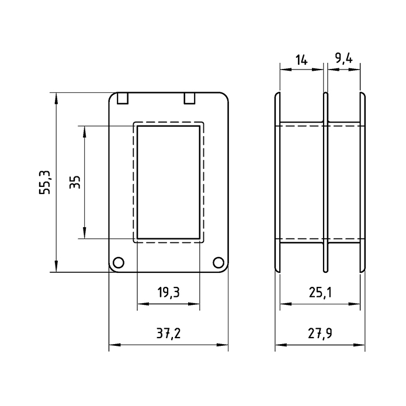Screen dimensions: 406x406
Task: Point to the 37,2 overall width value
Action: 168,334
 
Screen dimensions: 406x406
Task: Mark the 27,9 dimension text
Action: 320,334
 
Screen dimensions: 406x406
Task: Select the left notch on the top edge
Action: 123,98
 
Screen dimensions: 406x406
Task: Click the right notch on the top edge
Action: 189,98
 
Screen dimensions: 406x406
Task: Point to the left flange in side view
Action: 278,182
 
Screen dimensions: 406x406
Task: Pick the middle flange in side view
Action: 325,182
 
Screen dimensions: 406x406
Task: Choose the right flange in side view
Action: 363,182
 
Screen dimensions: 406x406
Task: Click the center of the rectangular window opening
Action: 169,182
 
